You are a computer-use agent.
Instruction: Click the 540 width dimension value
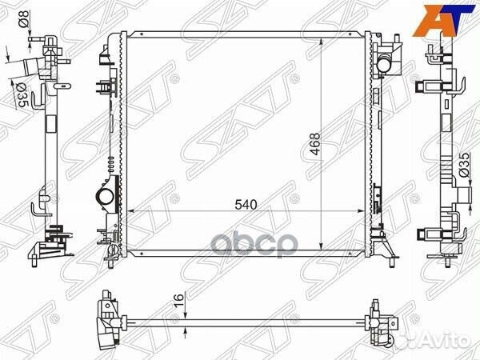246,205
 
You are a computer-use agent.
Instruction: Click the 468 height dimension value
314,143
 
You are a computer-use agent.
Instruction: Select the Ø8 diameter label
25,18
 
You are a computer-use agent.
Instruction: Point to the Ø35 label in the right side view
464,164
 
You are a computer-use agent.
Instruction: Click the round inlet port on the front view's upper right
384,64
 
